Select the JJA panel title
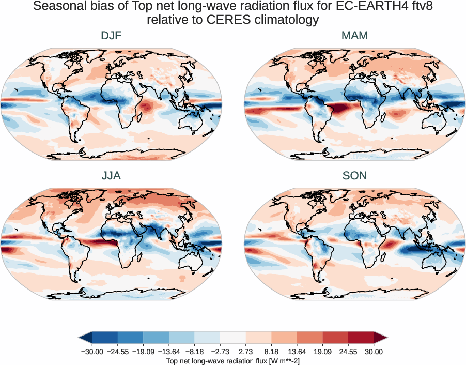(x=111, y=176)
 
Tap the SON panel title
(x=354, y=176)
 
